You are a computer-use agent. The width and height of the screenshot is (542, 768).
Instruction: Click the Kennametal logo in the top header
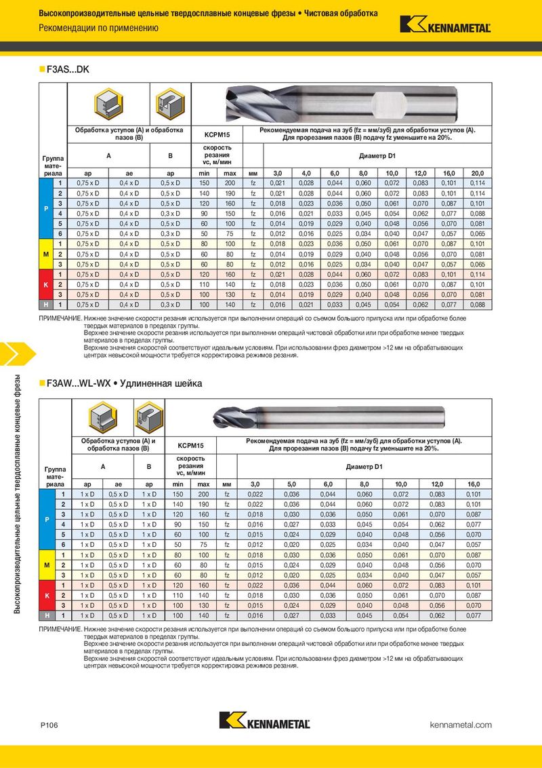click(x=445, y=24)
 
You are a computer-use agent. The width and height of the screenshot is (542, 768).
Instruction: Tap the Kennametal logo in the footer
click(x=264, y=721)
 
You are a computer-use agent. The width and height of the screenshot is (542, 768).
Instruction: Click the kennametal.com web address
click(x=461, y=725)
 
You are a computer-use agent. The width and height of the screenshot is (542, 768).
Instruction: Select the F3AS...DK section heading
click(x=68, y=69)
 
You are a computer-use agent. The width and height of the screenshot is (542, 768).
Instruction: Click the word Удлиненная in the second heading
click(x=146, y=384)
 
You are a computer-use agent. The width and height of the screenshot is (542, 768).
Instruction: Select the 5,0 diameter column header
click(x=291, y=484)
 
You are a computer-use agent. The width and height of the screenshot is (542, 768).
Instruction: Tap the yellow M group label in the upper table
click(x=45, y=254)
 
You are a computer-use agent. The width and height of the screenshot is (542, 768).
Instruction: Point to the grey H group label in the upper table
click(x=45, y=306)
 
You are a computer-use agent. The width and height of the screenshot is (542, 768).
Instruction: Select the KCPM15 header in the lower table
click(x=190, y=446)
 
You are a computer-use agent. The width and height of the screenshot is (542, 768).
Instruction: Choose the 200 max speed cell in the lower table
click(x=203, y=494)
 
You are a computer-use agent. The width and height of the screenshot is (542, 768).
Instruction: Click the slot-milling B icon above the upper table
click(x=170, y=102)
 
